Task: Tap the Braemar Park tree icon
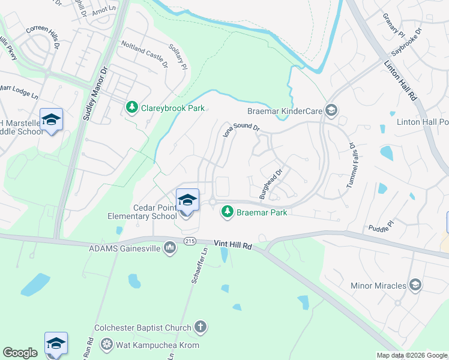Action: pos(227,212)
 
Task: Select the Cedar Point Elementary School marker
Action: pos(187,201)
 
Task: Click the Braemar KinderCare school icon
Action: pos(331,110)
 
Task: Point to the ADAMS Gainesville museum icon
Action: pos(170,248)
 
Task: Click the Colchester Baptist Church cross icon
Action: pos(200,328)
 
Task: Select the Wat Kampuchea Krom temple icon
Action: pos(106,344)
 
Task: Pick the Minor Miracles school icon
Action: pos(415,285)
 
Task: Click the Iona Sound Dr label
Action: pos(241,128)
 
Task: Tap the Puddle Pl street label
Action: pos(380,226)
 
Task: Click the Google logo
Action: pos(20,353)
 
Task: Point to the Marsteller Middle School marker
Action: pos(52,120)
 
